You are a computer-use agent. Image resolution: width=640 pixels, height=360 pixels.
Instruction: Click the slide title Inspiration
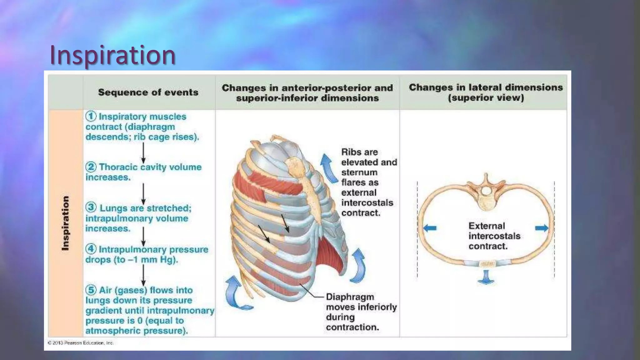pyautogui.click(x=112, y=55)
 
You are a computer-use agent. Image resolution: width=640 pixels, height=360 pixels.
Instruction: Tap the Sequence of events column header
pyautogui.click(x=148, y=92)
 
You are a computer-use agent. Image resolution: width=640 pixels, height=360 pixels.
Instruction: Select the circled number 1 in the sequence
pyautogui.click(x=91, y=116)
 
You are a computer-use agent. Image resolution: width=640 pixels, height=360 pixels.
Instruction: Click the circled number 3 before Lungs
pyautogui.click(x=91, y=207)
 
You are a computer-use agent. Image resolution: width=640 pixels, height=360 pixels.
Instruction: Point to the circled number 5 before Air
pyautogui.click(x=91, y=290)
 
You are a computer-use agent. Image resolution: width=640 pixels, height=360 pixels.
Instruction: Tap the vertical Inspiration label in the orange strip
pyautogui.click(x=65, y=223)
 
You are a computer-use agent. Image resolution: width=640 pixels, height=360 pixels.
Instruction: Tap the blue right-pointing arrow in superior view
pyautogui.click(x=542, y=228)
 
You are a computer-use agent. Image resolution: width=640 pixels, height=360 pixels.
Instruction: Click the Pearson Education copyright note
pyautogui.click(x=81, y=343)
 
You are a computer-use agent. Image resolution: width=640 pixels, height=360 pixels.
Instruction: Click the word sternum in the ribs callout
pyautogui.click(x=359, y=172)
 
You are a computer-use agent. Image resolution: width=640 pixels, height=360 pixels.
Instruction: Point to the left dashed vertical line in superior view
pyautogui.click(x=417, y=230)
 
